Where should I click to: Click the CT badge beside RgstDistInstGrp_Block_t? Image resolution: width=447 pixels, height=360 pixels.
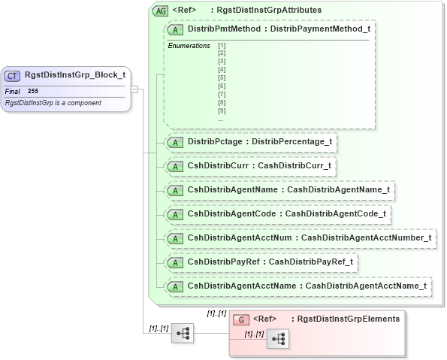(x=14, y=75)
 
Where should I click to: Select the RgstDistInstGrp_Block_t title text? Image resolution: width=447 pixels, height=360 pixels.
(x=74, y=75)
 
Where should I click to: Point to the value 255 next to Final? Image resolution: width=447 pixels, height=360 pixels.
(x=33, y=91)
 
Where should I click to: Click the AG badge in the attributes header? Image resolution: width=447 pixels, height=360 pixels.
(x=160, y=11)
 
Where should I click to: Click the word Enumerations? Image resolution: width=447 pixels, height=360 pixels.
(x=188, y=46)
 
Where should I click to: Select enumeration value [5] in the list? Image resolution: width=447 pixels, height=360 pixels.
(x=222, y=78)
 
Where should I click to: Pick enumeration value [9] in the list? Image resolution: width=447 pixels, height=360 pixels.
(x=222, y=111)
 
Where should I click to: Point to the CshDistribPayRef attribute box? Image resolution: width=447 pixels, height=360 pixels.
(x=262, y=262)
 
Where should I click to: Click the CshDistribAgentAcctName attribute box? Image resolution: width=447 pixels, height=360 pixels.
(x=298, y=286)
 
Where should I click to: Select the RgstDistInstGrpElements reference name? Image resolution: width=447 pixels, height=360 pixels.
(x=349, y=319)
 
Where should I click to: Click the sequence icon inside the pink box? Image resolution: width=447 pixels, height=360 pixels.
(x=278, y=339)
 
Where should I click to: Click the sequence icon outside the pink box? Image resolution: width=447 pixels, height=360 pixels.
(x=183, y=333)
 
